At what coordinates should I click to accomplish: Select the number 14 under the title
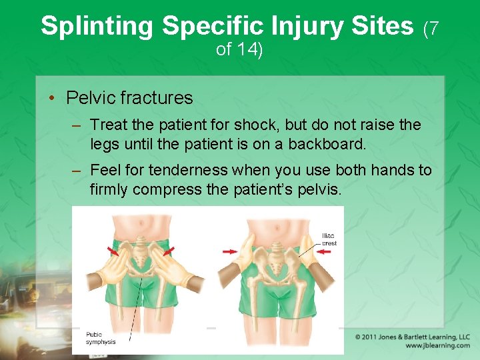pyautogui.click(x=251, y=49)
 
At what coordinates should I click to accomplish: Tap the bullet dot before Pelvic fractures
pyautogui.click(x=51, y=99)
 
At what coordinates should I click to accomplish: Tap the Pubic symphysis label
pyautogui.click(x=101, y=338)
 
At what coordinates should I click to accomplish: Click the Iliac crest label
pyautogui.click(x=329, y=239)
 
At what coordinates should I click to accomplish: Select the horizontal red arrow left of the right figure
pyautogui.click(x=229, y=251)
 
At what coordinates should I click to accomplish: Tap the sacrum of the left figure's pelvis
pyautogui.click(x=141, y=255)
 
